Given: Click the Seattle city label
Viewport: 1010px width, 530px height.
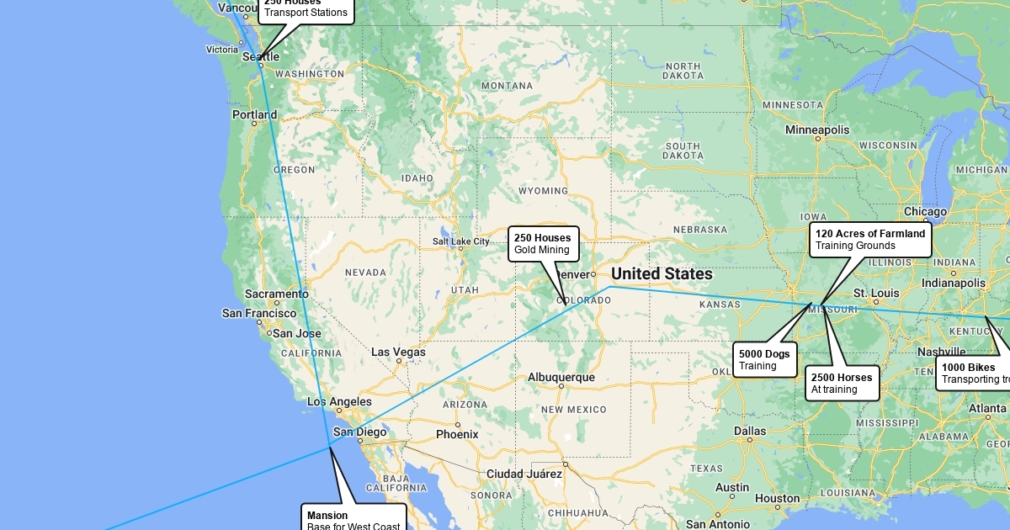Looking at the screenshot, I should point(261,57).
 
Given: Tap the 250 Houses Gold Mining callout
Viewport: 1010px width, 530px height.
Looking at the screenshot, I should point(544,243).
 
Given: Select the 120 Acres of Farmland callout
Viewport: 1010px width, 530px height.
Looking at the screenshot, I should point(870,240).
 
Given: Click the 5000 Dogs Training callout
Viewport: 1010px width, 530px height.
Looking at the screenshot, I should point(764,359).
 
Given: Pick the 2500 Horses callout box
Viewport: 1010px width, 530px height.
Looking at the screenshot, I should point(842,383).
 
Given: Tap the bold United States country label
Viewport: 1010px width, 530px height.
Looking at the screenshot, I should point(662,274).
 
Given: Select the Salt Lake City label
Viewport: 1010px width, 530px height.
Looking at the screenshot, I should point(460,241).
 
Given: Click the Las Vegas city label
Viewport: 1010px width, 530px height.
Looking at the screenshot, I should point(398,352).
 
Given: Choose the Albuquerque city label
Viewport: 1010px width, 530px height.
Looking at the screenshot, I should point(561,378).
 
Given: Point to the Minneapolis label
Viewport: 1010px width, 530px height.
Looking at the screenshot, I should point(817,130).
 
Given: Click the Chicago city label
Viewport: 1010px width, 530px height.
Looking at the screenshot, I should point(925,212).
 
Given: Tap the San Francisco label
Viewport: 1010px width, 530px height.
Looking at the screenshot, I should point(259,313).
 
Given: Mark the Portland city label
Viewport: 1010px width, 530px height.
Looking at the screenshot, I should point(254,115).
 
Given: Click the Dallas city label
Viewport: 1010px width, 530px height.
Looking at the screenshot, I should point(749,431).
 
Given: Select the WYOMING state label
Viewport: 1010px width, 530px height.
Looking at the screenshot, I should point(543,191).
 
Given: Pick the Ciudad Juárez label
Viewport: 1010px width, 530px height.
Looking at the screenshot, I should point(524,474).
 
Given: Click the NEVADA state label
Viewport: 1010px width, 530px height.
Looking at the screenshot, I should point(365,273).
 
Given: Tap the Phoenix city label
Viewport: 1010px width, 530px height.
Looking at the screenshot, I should point(457,434).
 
